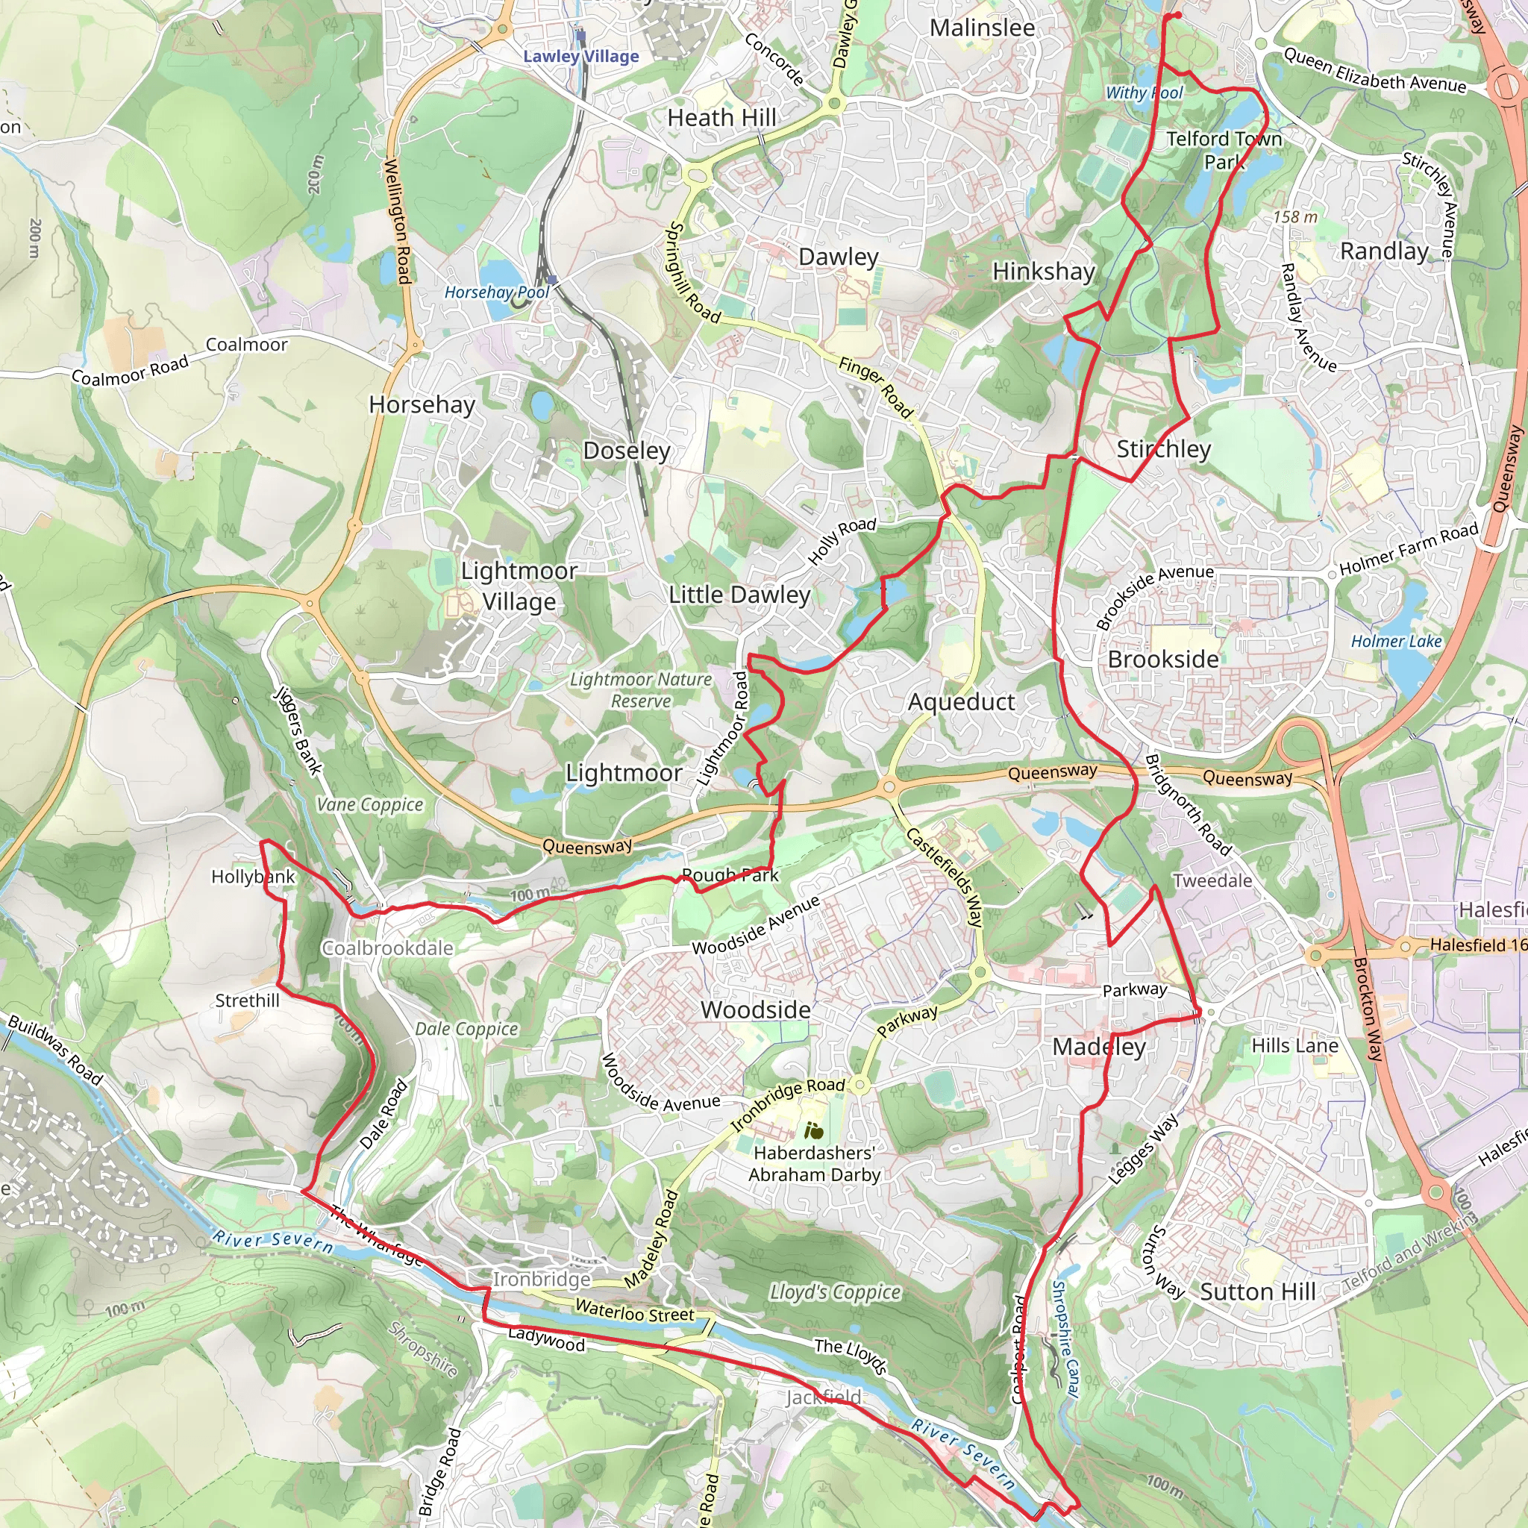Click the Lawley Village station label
580,56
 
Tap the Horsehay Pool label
496,292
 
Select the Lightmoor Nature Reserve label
641,689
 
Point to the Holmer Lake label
1396,641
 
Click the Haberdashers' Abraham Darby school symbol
813,1132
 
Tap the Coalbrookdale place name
387,948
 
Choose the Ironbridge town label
542,1279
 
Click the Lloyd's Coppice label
835,1291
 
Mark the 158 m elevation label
1295,216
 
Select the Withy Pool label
1144,93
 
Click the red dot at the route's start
1177,15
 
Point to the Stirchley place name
1163,449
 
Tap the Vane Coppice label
370,804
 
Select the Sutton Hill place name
1257,1291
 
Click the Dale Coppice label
466,1028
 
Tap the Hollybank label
253,877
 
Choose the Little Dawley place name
739,595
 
